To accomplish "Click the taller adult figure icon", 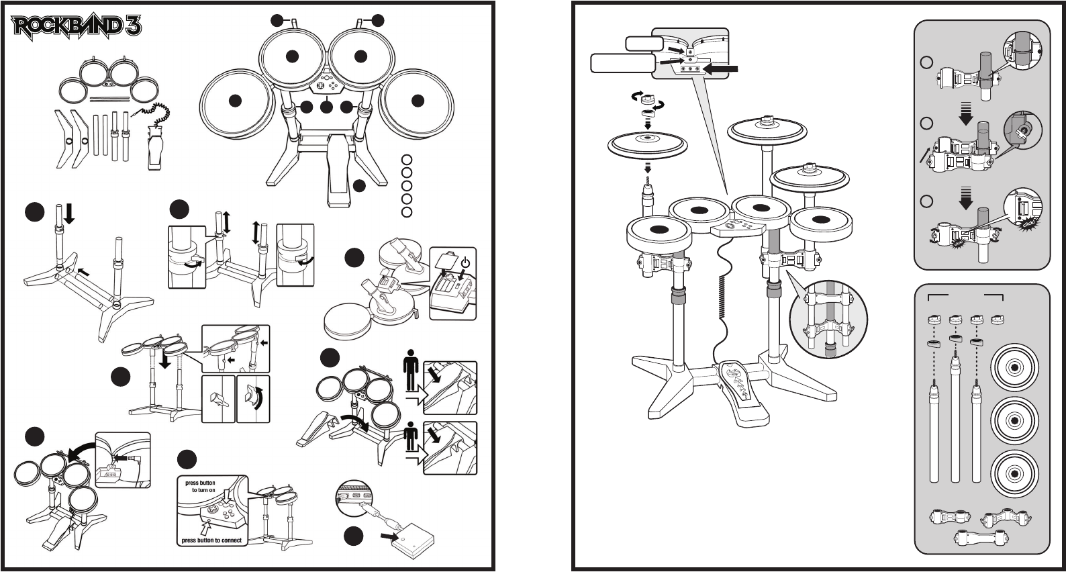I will pyautogui.click(x=411, y=372).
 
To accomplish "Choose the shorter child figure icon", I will pyautogui.click(x=411, y=437).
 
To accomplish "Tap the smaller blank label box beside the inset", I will pyautogui.click(x=644, y=44).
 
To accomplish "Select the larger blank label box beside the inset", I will pyautogui.click(x=622, y=63).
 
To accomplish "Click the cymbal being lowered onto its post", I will pyautogui.click(x=648, y=144).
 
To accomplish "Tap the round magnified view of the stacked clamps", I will pyautogui.click(x=828, y=319).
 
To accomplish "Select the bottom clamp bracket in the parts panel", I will pyautogui.click(x=977, y=538).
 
